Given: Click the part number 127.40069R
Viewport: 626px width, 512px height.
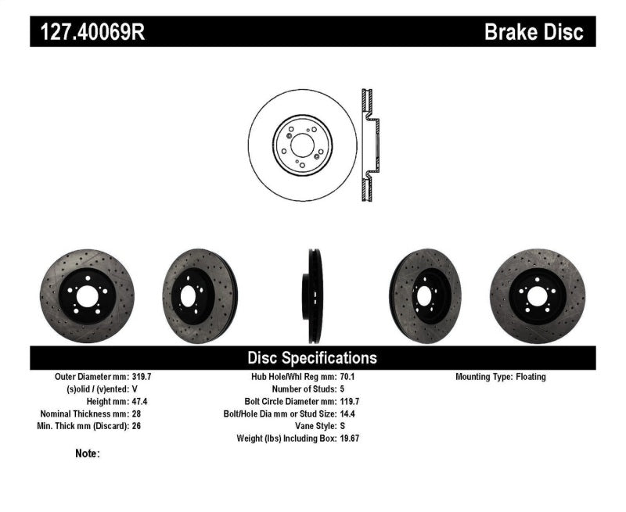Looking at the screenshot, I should pos(87,32).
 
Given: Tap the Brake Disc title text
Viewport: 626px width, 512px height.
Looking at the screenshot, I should pos(534,32).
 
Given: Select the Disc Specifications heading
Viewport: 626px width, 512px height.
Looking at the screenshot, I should pos(312,358).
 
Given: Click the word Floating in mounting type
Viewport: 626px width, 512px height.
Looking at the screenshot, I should pos(531,377).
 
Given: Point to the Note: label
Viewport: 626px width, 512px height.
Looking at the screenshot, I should pos(88,453).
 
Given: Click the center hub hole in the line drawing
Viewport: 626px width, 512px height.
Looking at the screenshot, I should pos(302,145).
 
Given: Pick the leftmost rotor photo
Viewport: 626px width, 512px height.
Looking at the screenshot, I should pos(87,296).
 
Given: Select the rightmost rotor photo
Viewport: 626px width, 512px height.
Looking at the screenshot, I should pos(537,296).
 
